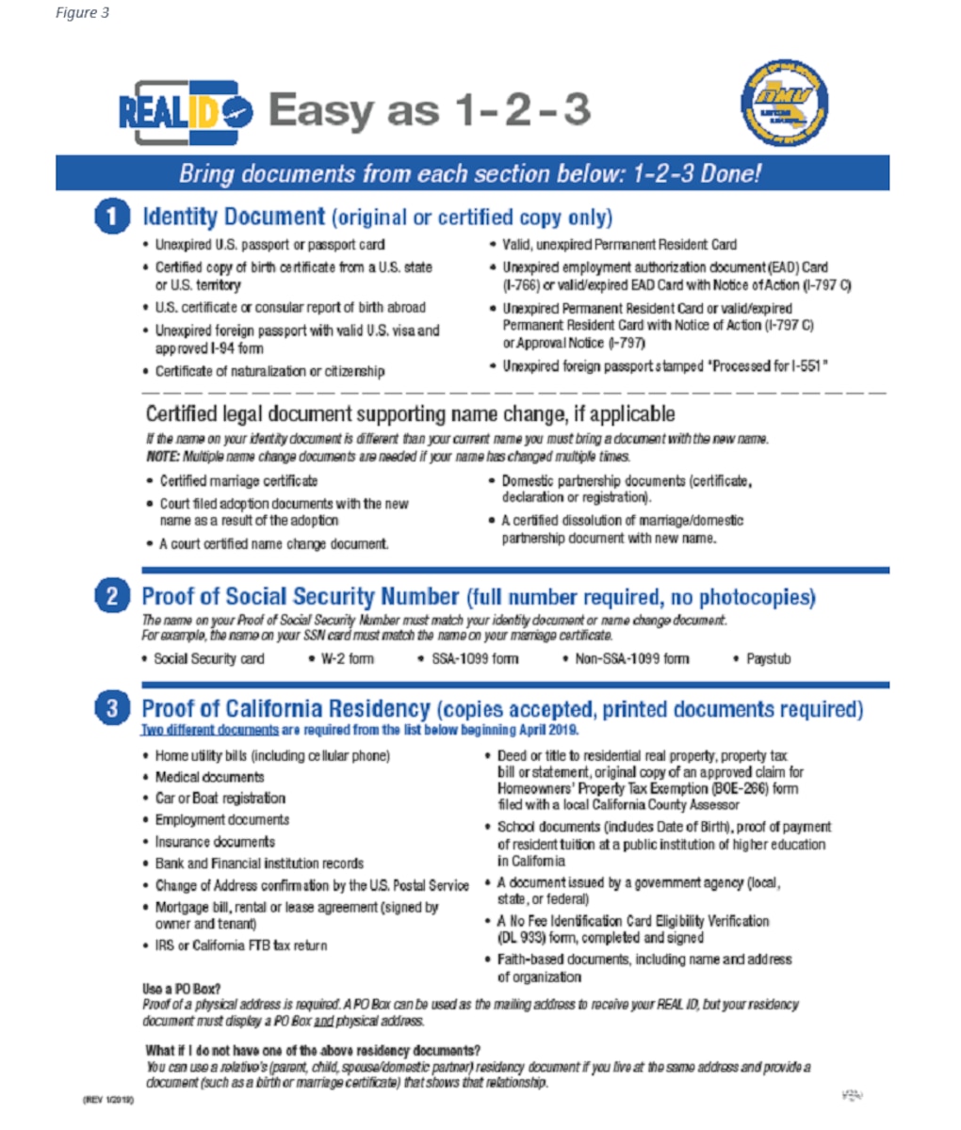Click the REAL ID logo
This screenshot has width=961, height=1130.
185,111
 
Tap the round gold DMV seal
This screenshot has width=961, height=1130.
785,104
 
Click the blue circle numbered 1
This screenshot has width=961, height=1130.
112,218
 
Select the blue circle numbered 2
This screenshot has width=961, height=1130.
112,597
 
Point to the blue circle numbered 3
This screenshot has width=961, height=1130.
112,708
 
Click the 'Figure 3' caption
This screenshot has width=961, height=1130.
82,13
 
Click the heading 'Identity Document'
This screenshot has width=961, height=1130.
233,217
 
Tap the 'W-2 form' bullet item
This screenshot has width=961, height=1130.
347,659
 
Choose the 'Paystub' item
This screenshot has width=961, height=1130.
768,659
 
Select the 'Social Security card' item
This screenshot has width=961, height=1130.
208,659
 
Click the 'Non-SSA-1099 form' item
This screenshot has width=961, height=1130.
631,659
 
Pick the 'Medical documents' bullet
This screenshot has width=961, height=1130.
209,777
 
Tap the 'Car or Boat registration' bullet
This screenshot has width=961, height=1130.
220,799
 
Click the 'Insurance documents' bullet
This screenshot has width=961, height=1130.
215,842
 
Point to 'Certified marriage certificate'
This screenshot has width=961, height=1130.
238,481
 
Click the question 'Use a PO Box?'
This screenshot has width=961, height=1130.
182,989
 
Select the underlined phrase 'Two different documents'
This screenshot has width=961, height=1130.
209,730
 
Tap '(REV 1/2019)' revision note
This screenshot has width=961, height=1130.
108,1100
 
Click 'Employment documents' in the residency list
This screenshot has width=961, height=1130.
221,820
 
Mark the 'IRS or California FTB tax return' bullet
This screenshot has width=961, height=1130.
240,945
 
